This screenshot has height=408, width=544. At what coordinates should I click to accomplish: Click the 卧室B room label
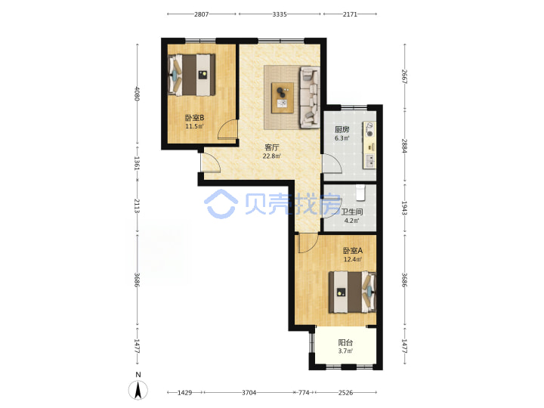194,118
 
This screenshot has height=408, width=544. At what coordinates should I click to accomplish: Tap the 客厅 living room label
272,148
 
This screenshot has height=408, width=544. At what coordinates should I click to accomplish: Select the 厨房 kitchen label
342,130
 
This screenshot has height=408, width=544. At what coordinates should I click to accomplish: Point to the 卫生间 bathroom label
352,212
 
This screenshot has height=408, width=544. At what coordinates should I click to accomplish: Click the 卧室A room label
353,251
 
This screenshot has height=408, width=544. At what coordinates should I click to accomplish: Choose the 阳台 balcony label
345,343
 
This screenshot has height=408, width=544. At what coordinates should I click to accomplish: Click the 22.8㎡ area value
272,156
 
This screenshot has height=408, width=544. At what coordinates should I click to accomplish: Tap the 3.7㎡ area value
345,351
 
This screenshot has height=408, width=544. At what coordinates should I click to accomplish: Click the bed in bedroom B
191,75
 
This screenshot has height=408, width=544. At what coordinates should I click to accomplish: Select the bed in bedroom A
353,292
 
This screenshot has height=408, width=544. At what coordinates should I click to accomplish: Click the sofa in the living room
310,97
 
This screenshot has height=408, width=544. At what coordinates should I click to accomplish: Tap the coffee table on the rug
283,97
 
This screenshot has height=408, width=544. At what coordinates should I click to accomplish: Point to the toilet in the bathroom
361,193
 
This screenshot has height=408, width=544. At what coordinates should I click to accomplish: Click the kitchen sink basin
370,161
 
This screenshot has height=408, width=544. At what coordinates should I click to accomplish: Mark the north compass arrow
138,389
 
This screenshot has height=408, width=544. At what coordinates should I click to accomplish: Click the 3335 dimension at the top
280,14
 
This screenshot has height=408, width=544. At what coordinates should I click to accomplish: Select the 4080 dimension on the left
137,94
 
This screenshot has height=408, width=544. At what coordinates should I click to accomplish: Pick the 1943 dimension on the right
404,208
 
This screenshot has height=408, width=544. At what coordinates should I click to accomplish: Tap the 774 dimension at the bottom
304,393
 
